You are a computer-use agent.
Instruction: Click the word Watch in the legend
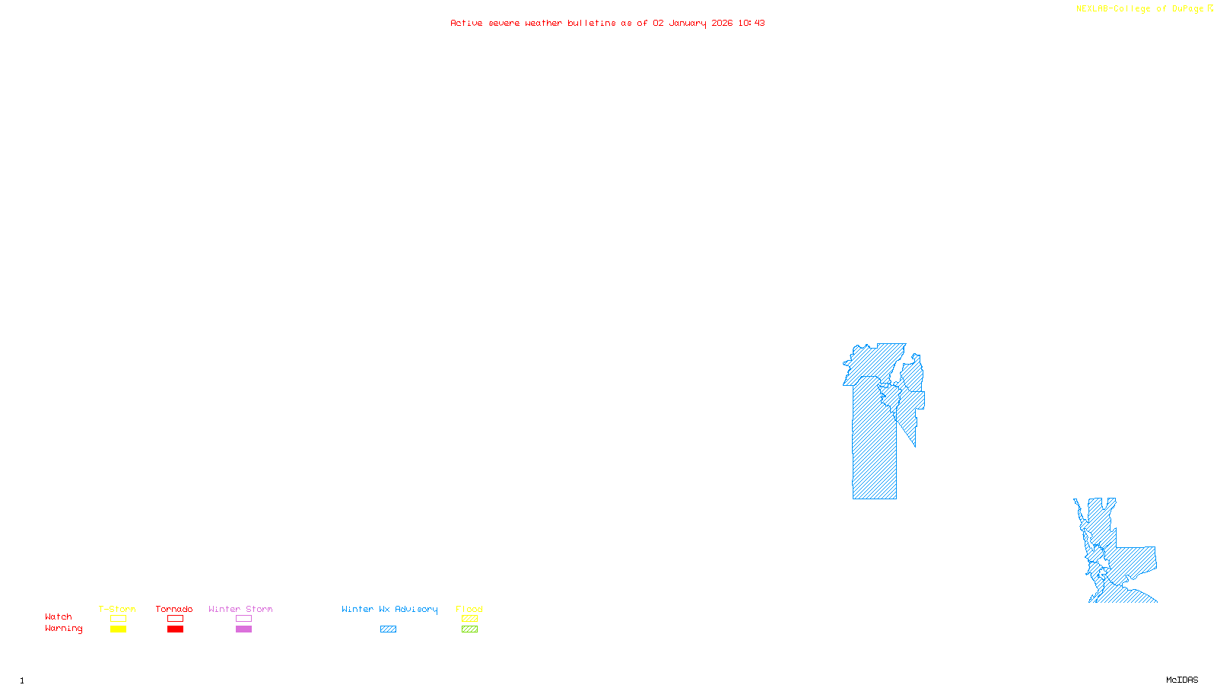tap(59, 617)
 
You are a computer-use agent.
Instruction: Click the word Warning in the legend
tap(63, 629)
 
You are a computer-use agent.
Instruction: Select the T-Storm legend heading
tap(117, 609)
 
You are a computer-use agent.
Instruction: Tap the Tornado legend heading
tap(174, 609)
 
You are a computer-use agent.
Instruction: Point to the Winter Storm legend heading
tap(240, 609)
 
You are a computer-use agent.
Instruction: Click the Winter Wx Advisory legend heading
tap(389, 609)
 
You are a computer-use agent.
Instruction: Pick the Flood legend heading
tap(469, 609)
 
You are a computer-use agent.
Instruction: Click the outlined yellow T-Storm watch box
tap(118, 619)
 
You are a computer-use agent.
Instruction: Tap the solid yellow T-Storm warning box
tap(118, 629)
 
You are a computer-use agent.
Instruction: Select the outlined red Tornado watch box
tap(175, 619)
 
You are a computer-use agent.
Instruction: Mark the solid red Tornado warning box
tap(175, 629)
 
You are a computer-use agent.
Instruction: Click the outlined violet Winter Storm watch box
tap(243, 619)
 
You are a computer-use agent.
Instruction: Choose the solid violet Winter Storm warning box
tap(243, 629)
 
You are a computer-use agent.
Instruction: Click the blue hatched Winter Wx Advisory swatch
tap(388, 629)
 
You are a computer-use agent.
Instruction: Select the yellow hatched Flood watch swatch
tap(469, 619)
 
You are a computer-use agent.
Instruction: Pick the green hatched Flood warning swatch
tap(469, 629)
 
